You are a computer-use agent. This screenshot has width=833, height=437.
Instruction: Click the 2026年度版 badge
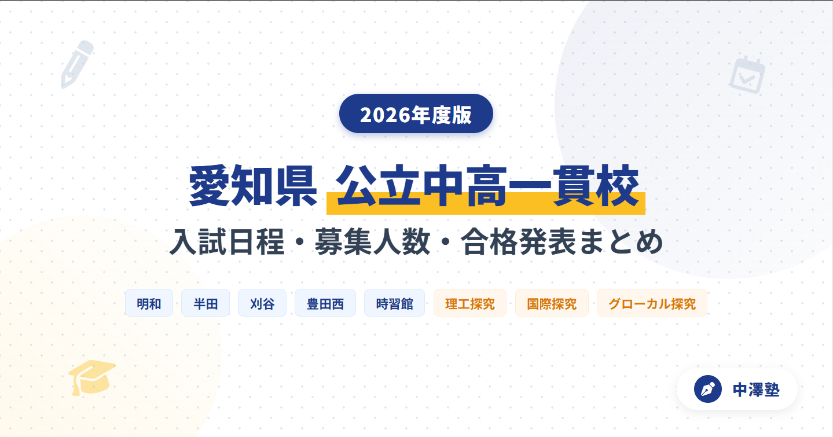[416, 114]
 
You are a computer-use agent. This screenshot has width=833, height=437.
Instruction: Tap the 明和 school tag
[149, 303]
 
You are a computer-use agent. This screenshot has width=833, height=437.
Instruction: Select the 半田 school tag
[206, 303]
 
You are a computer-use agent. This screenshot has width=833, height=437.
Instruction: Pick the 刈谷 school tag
[262, 303]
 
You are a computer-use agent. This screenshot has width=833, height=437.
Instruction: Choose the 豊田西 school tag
[325, 303]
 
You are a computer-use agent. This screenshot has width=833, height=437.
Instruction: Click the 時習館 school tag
[394, 303]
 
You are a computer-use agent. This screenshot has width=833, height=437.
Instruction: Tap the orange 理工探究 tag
[470, 303]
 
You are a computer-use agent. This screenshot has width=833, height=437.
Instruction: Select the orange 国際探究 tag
[552, 303]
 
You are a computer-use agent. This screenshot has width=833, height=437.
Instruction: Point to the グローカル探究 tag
[652, 303]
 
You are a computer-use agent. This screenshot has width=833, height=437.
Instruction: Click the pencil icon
[77, 64]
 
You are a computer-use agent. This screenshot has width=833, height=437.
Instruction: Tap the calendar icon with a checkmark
[747, 75]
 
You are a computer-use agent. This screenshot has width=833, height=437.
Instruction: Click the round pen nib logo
[707, 389]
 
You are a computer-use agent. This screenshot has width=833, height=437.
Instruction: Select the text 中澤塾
[756, 390]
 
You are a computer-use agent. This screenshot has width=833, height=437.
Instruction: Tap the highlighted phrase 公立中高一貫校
[486, 187]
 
